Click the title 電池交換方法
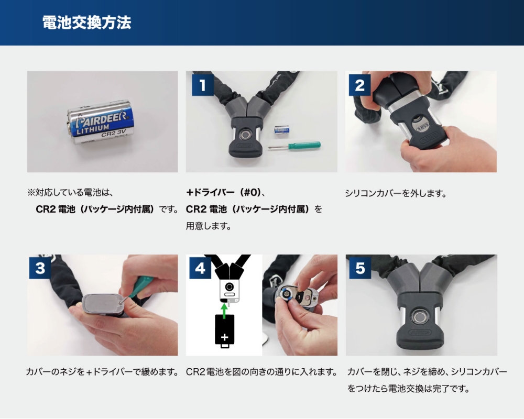coord(86,23)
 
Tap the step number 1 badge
coord(202,85)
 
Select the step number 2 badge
coord(359,85)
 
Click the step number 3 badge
coord(40,268)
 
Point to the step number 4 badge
coord(200,268)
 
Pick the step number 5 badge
coord(360,268)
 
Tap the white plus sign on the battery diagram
coord(224,336)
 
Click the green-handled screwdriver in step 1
coord(294,146)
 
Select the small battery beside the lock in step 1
coord(281,130)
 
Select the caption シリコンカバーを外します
coord(396,193)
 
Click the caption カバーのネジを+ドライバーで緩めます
coord(102,371)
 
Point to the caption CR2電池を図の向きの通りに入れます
coord(261,371)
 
